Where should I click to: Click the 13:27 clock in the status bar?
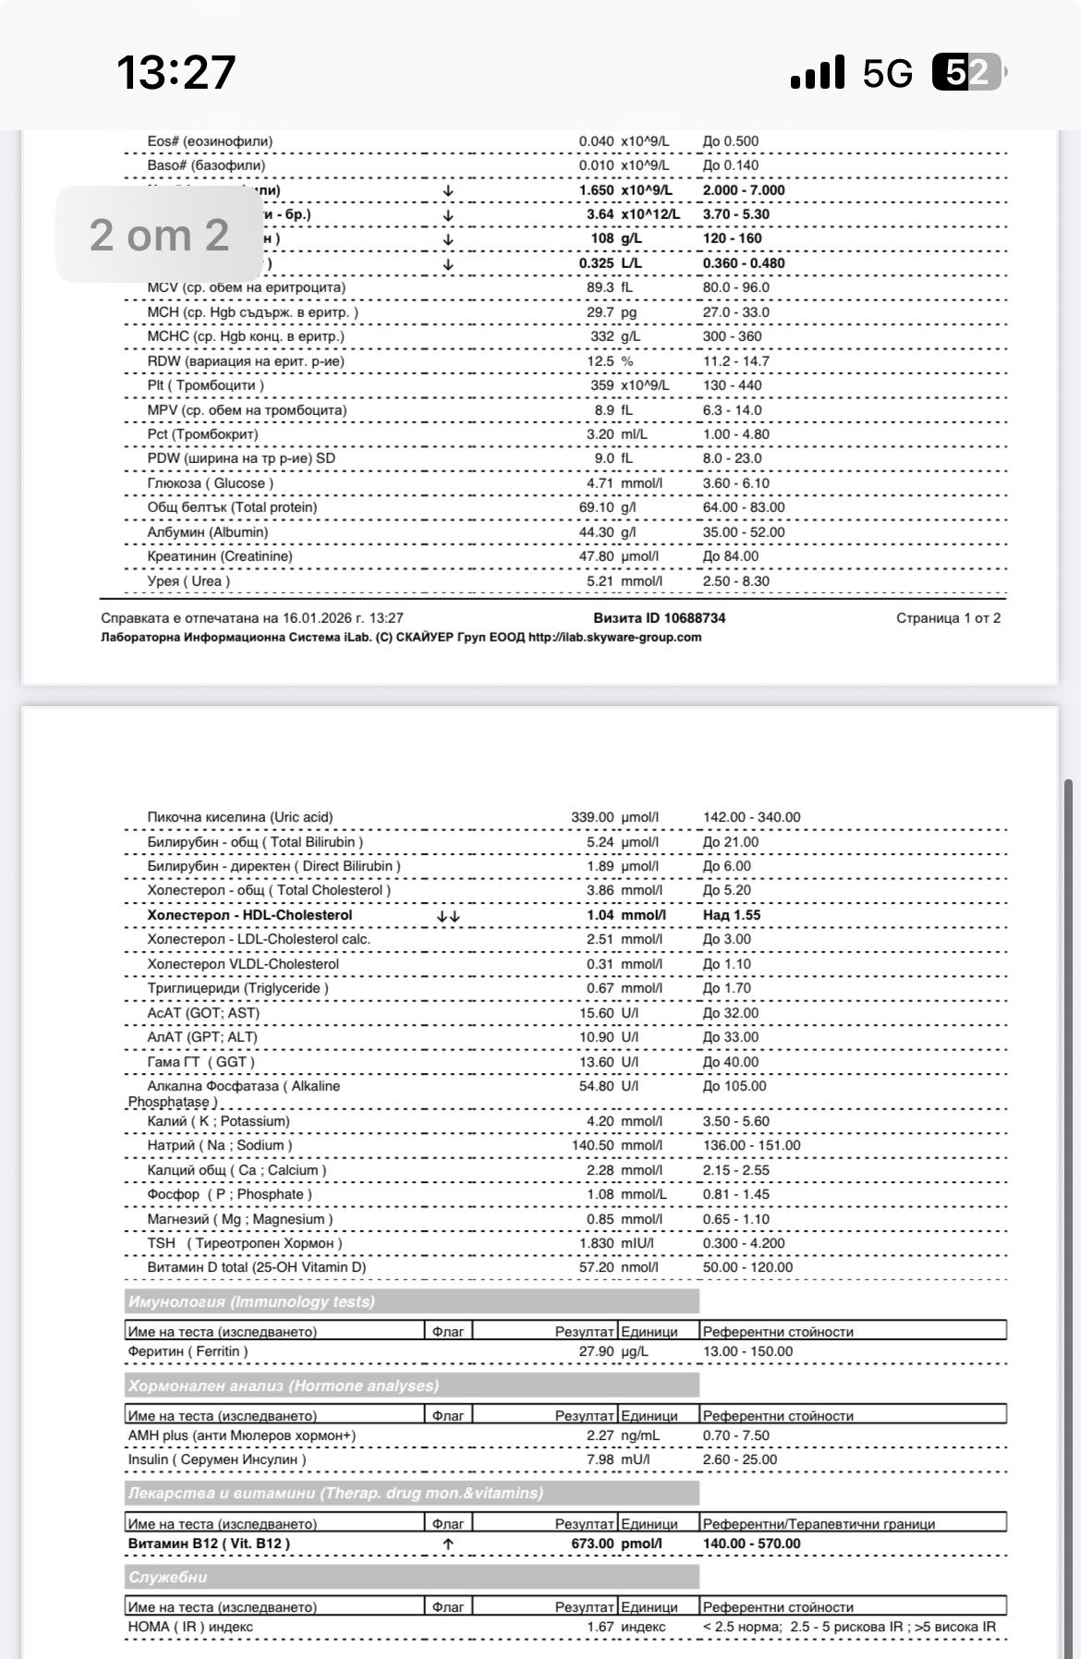(x=176, y=72)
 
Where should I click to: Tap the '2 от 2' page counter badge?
(x=159, y=235)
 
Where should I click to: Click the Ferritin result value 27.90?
(x=596, y=1351)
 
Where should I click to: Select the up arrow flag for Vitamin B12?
(x=448, y=1543)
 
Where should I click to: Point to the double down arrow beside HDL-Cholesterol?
(x=448, y=915)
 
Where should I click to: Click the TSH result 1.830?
(x=596, y=1243)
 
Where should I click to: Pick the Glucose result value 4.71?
(x=599, y=483)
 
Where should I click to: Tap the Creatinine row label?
(x=220, y=556)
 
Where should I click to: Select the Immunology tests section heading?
(x=251, y=1302)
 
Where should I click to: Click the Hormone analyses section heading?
(x=283, y=1385)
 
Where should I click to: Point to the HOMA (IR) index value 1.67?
(x=600, y=1627)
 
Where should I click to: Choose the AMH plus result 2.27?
(x=600, y=1435)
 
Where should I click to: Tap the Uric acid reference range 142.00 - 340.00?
(x=751, y=817)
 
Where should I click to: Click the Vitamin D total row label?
(x=256, y=1267)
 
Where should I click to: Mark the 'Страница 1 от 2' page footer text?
(x=948, y=618)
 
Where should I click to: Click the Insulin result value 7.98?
(x=600, y=1459)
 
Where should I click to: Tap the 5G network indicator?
(x=887, y=73)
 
